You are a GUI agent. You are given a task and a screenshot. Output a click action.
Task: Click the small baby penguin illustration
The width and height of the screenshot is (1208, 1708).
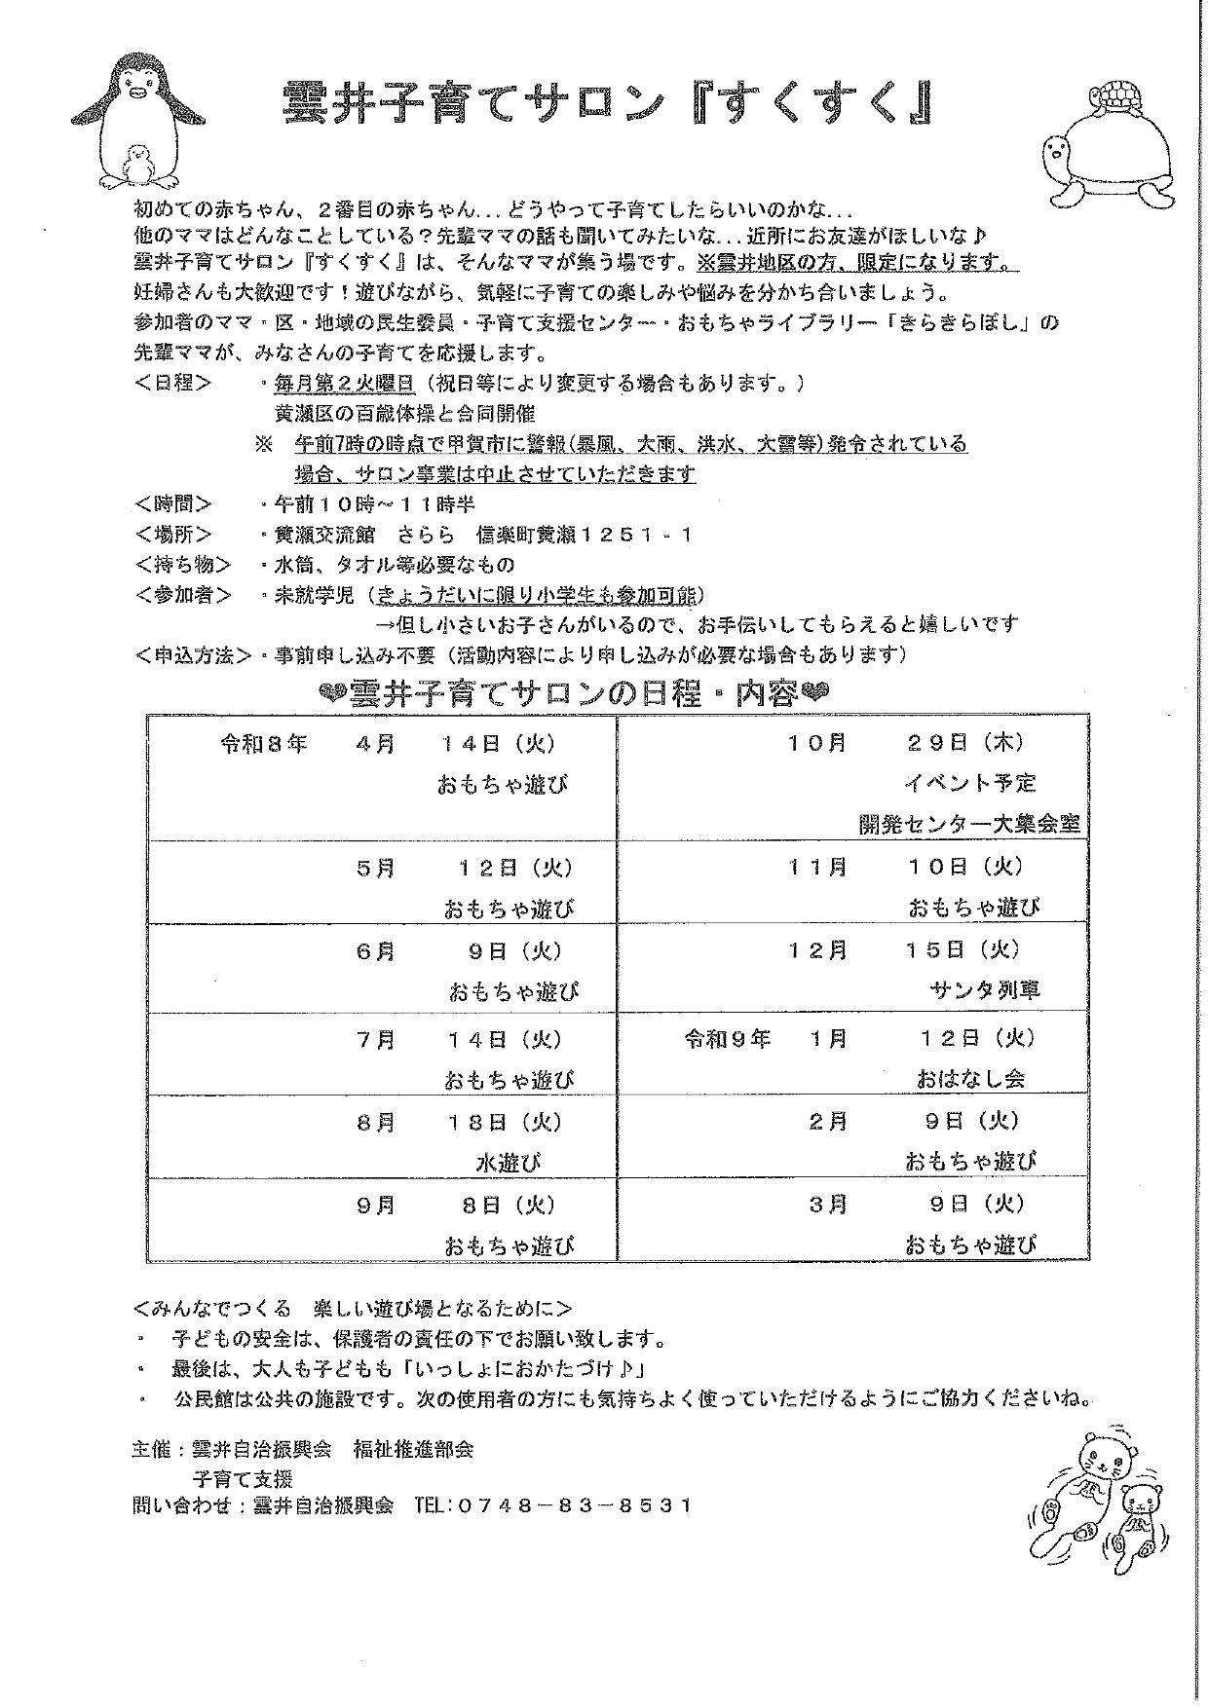click(x=139, y=165)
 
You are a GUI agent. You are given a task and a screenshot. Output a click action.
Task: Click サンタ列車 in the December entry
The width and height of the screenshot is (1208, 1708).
click(x=985, y=990)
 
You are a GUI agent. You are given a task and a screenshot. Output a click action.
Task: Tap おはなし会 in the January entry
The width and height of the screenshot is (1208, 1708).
click(x=970, y=1079)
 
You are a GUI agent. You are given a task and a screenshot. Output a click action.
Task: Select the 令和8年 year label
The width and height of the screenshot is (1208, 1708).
click(x=263, y=743)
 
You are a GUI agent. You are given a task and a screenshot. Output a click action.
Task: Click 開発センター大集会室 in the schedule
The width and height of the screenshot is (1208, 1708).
click(x=969, y=824)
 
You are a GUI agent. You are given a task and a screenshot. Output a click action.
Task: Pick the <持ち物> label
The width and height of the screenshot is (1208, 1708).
click(x=184, y=564)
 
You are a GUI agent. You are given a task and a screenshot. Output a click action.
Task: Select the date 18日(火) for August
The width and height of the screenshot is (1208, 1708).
click(x=505, y=1122)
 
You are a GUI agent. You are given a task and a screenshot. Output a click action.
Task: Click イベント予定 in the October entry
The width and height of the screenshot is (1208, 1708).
click(x=969, y=783)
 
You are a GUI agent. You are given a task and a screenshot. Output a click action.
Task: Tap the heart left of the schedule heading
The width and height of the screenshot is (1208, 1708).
click(x=333, y=694)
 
